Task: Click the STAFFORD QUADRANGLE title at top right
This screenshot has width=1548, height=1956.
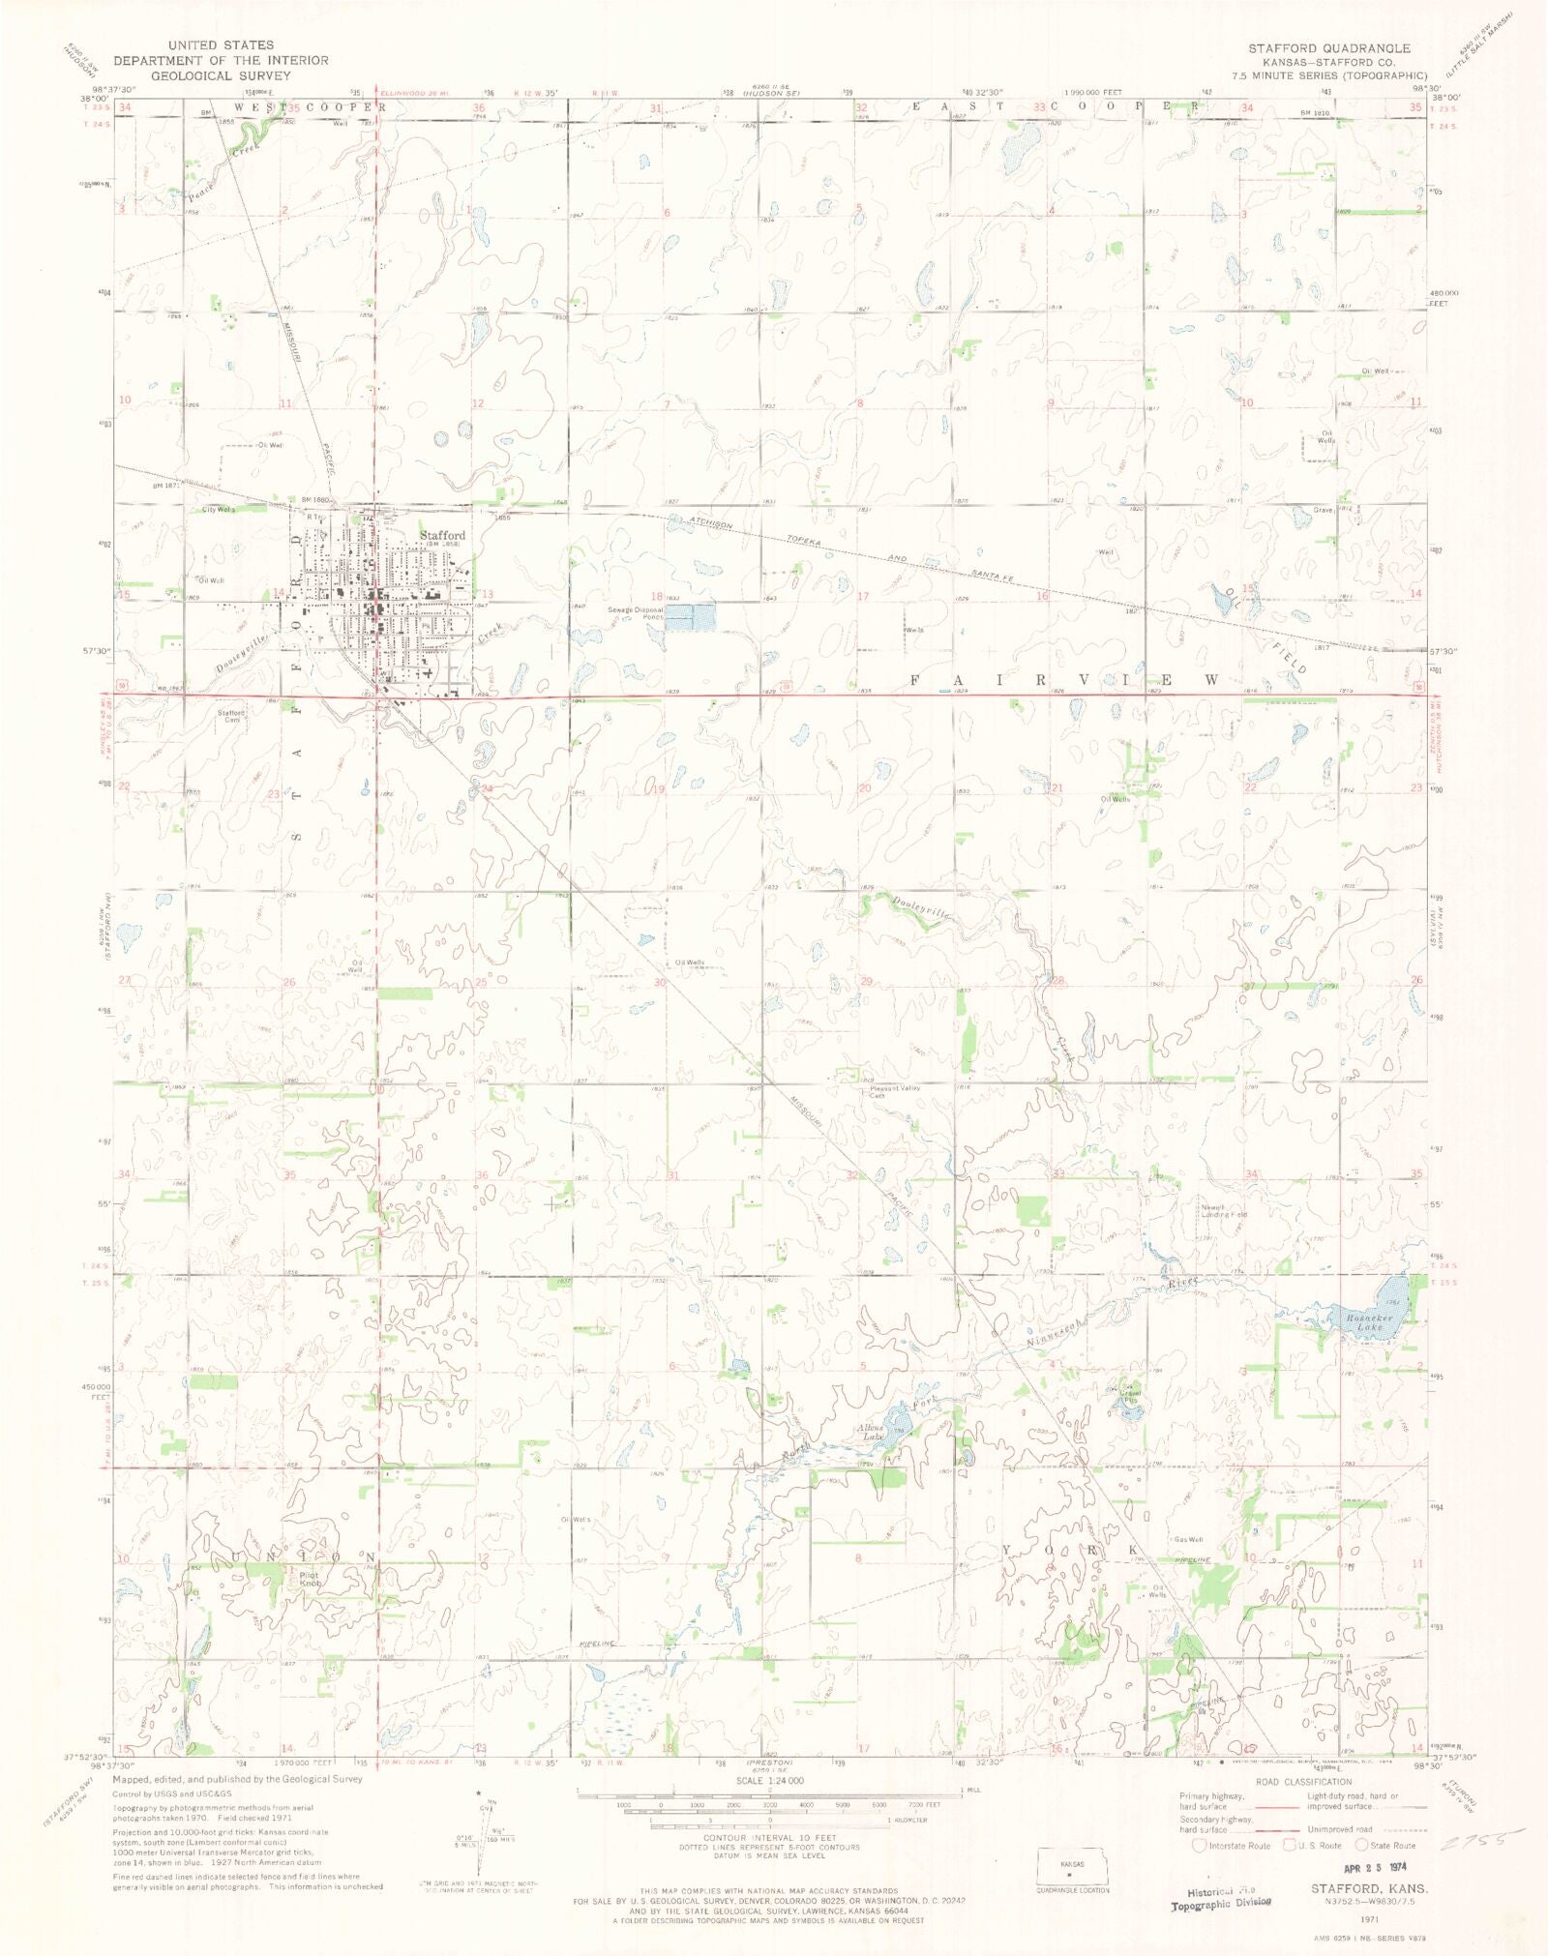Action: coord(1328,47)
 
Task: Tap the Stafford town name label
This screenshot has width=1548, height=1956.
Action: coord(442,535)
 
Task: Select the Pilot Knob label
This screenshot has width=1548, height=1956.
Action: coord(309,1579)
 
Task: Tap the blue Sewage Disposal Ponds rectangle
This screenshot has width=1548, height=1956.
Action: coord(690,617)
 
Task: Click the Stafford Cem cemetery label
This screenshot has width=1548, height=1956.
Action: coord(231,717)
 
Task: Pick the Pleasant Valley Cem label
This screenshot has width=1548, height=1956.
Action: coord(895,1091)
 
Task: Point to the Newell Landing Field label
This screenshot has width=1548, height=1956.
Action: coord(1224,1210)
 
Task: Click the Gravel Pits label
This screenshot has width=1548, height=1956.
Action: coord(1129,1397)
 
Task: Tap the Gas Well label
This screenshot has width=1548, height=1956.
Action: coord(1188,1539)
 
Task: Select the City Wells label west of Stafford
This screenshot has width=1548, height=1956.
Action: coord(218,510)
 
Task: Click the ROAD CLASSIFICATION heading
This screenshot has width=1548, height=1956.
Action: coord(1303,1781)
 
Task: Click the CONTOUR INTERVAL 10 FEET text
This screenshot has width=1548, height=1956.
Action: coord(769,1837)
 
